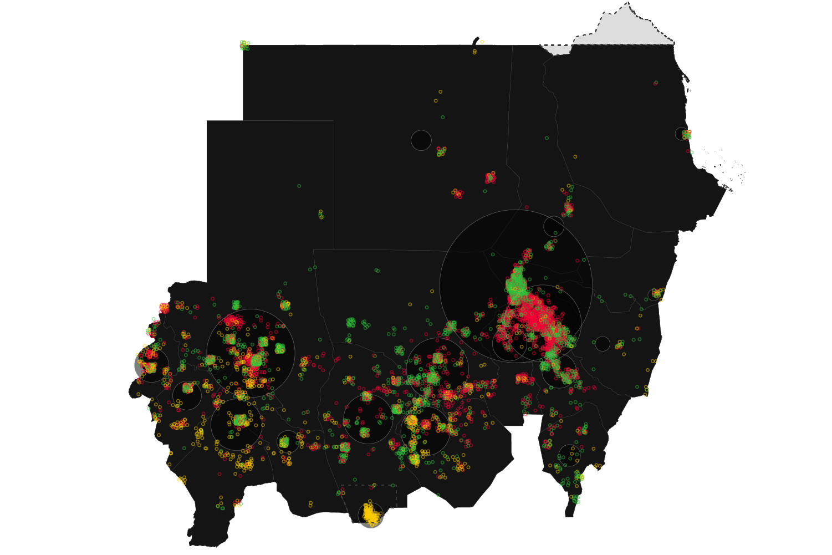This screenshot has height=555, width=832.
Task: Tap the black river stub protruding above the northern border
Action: click(x=476, y=41)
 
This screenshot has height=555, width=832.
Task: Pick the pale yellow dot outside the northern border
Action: click(x=482, y=42)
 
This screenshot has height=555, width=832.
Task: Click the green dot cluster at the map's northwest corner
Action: click(x=244, y=45)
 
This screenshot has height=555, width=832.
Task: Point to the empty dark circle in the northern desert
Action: click(x=421, y=140)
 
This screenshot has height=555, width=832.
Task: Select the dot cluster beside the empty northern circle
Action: click(x=441, y=151)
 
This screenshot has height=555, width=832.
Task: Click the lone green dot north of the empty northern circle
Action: click(x=442, y=117)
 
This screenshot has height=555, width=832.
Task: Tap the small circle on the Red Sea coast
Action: click(x=682, y=134)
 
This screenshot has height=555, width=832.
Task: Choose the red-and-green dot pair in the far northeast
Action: click(x=656, y=83)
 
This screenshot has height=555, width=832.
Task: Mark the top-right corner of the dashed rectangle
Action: click(x=396, y=485)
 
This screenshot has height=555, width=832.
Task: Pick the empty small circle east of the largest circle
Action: click(x=603, y=344)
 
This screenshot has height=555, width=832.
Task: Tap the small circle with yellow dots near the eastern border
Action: click(x=656, y=294)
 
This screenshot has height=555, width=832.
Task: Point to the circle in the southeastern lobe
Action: click(x=569, y=455)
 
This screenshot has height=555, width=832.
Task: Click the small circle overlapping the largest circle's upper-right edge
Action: click(x=554, y=226)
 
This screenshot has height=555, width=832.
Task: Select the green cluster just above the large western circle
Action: click(x=236, y=304)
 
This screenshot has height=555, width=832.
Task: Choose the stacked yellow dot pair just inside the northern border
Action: click(x=474, y=52)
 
